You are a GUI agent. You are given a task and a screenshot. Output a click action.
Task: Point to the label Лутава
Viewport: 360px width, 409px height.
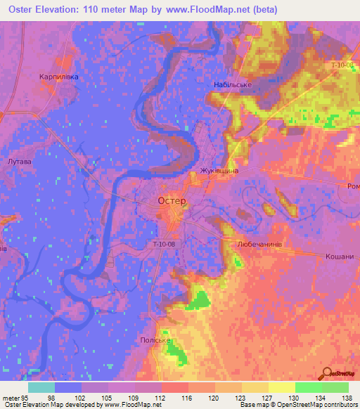[19, 162]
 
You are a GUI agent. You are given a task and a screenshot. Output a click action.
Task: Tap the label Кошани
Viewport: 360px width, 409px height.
[339, 257]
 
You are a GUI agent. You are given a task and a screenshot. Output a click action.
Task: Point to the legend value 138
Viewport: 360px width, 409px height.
[347, 397]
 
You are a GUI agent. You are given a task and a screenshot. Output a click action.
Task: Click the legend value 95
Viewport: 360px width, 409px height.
[26, 397]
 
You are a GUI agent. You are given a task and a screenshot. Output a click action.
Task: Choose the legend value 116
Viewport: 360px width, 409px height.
[186, 397]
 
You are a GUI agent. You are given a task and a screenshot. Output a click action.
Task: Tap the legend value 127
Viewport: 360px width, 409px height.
[266, 397]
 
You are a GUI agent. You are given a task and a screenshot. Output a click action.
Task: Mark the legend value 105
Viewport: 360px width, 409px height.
[106, 397]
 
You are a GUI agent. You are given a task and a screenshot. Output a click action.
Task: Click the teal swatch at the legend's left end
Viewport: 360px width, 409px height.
[41, 387]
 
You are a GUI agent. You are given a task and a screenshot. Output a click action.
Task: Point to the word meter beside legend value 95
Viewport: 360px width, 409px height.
[11, 397]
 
